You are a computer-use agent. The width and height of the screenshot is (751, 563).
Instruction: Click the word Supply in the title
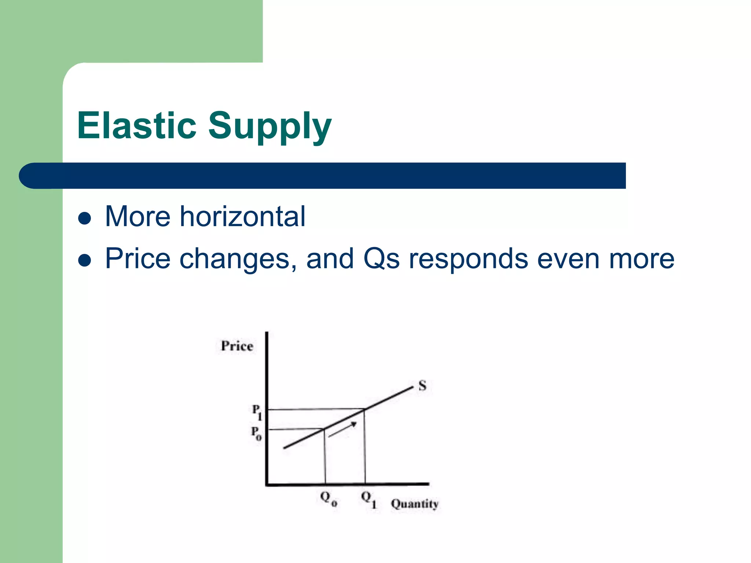270,126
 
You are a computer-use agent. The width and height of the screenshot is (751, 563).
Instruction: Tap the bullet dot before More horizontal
85,218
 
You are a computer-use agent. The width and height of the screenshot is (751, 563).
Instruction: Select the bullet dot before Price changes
85,261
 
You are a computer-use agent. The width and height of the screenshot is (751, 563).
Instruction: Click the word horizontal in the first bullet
242,216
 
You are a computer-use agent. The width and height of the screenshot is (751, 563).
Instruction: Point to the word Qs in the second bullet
381,259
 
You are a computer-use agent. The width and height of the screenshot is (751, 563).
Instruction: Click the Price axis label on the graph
237,346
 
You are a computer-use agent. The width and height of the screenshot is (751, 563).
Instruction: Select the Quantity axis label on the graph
414,504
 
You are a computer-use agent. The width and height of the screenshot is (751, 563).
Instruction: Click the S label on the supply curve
422,386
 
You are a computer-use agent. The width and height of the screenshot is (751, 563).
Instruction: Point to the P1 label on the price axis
257,412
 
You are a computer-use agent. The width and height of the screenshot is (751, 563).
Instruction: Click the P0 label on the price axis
256,433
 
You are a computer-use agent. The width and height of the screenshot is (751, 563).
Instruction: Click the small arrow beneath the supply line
342,430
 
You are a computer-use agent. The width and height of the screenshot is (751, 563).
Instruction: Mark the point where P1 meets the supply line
364,409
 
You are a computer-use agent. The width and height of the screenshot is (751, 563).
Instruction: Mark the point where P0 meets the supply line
324,428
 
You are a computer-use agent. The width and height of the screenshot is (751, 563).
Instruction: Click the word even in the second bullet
568,259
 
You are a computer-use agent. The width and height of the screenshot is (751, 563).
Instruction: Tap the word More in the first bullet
138,216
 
